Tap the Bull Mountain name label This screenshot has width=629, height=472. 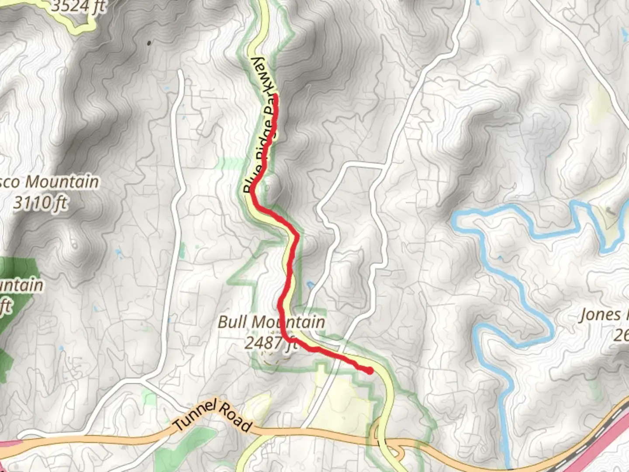(x=271, y=322)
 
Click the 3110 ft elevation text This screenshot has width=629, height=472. (x=41, y=203)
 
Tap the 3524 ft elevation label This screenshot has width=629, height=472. (x=79, y=7)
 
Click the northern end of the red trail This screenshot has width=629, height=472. (x=276, y=96)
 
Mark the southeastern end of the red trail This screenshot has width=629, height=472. (x=370, y=371)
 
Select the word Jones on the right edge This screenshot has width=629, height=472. (x=600, y=315)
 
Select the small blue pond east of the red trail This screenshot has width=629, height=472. (x=310, y=285)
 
